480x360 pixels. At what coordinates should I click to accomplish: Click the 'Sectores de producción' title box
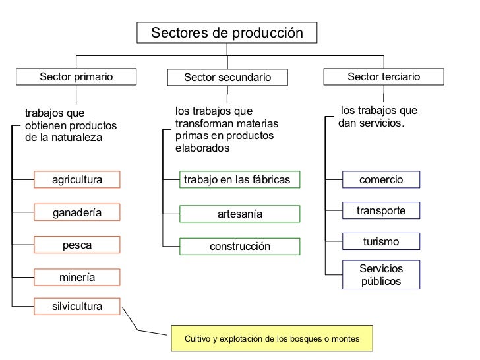227,32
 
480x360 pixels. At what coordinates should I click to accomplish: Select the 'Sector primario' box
76,77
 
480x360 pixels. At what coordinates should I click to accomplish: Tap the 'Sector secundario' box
227,78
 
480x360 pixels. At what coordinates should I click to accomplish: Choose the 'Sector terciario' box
383,77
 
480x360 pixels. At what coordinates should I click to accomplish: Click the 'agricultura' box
77,179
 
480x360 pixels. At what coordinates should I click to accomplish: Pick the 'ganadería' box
77,212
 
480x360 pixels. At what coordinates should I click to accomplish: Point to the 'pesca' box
77,245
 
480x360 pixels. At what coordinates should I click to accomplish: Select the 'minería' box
77,278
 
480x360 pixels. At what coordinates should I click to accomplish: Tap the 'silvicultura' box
77,307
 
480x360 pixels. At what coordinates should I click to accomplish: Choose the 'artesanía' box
240,214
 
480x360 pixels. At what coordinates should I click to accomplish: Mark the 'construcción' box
240,247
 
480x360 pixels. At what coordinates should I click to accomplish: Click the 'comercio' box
380,179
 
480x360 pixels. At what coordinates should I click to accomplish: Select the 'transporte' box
380,210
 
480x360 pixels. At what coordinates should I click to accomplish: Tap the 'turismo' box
380,242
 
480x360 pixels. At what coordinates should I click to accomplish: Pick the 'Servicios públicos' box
380,275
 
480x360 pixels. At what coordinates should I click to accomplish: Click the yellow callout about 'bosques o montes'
272,338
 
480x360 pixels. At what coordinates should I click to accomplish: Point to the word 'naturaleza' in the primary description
77,138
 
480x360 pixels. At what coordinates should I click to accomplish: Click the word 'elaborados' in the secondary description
202,148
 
